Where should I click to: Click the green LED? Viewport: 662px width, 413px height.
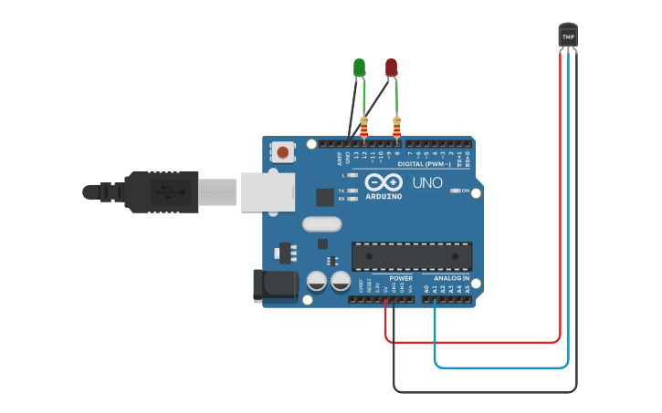pos(359,67)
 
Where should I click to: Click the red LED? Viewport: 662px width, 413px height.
pos(391,67)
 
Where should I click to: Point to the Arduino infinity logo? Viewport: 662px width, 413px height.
pos(384,182)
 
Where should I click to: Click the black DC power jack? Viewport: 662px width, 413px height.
pos(275,284)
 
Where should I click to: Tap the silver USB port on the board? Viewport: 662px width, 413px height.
pos(268,192)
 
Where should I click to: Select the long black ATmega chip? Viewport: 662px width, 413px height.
pos(412,256)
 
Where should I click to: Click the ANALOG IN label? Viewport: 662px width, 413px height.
pos(452,278)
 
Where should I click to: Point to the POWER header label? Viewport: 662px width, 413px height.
pos(401,278)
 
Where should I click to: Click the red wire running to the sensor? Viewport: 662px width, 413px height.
pos(475,342)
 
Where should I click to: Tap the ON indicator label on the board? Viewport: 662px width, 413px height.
pos(465,191)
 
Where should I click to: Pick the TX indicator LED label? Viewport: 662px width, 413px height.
pos(342,191)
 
